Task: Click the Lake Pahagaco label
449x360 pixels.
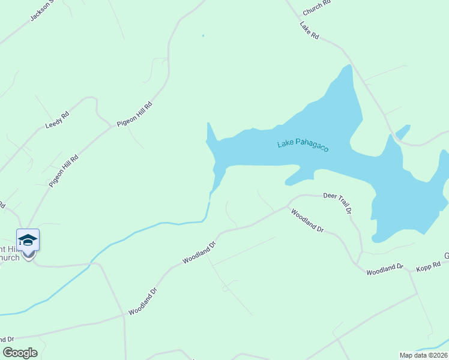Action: click(x=303, y=145)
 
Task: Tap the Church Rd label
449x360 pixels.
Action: click(x=317, y=8)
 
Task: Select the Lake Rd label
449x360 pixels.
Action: click(x=309, y=31)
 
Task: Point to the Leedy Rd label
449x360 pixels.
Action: click(x=58, y=120)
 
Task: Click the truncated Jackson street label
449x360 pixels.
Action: click(x=42, y=11)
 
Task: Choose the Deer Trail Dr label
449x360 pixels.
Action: click(x=337, y=203)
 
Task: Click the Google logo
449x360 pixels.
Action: click(x=20, y=353)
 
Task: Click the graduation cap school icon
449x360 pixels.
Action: click(x=28, y=240)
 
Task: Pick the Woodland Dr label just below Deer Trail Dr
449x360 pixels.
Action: click(x=307, y=221)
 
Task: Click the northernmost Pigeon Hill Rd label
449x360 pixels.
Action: click(x=135, y=113)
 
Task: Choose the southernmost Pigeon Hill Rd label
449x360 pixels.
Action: click(x=64, y=170)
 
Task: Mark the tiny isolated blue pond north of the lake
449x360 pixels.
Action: click(x=203, y=36)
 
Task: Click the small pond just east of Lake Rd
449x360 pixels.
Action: click(x=403, y=131)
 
